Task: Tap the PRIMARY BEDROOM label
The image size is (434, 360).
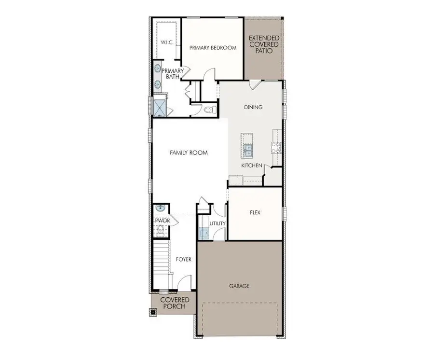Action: click(213, 47)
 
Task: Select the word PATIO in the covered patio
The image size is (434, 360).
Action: click(263, 51)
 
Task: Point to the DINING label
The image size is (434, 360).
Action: click(253, 107)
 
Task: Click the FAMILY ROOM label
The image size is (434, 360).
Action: click(189, 152)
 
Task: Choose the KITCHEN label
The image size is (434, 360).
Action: click(252, 166)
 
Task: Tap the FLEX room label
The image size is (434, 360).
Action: click(255, 212)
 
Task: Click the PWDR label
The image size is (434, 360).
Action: click(160, 221)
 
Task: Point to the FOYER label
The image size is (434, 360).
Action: click(183, 259)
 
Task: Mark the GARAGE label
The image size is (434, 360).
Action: click(239, 286)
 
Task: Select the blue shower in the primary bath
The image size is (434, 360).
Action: click(158, 107)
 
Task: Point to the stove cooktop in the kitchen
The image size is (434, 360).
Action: click(277, 147)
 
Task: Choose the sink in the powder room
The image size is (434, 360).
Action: click(160, 208)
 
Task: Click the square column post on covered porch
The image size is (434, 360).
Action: click(153, 312)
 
